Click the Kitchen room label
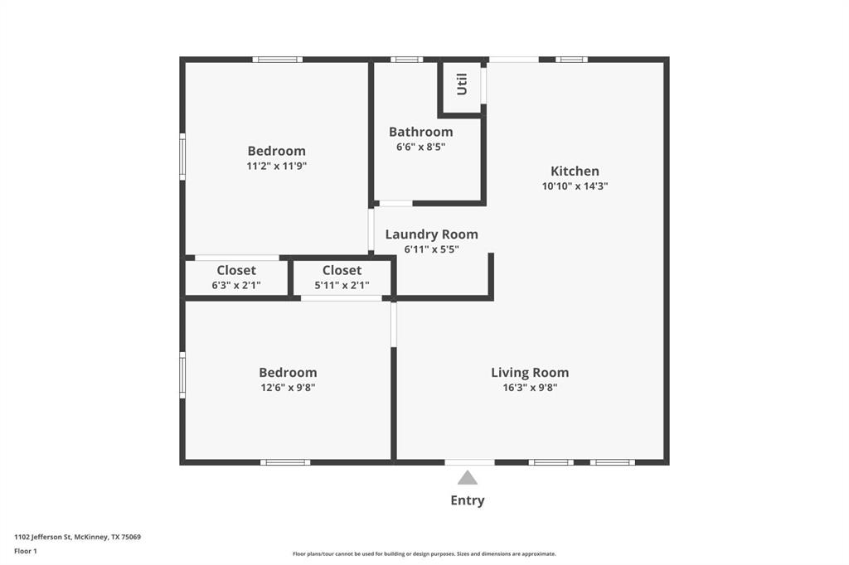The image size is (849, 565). [575, 171]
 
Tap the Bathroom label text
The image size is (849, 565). [420, 132]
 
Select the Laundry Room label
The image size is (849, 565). [431, 234]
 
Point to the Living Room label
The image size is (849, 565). [530, 373]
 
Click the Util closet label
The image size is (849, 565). [462, 84]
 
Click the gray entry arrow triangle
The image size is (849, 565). [468, 477]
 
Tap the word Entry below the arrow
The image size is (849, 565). [468, 500]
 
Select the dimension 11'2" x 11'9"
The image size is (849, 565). [276, 166]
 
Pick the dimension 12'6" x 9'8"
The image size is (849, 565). [287, 387]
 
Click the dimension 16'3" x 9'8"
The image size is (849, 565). [529, 387]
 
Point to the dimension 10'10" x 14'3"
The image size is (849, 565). [575, 186]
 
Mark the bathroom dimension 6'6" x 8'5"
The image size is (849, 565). [420, 147]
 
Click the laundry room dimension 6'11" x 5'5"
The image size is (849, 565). [431, 249]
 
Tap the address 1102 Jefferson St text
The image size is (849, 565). [77, 537]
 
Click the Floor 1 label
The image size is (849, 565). [26, 551]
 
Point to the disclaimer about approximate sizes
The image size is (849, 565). [424, 554]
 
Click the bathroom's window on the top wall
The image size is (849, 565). [406, 60]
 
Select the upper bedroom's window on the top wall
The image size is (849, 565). [277, 60]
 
